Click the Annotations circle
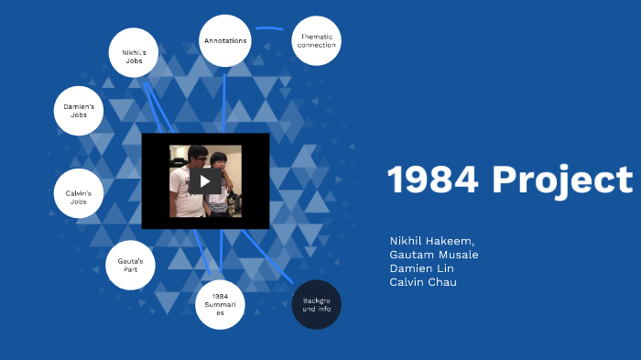(225, 41)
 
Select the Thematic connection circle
(316, 41)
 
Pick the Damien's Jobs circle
(79, 111)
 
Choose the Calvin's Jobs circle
(79, 194)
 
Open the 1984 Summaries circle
(220, 304)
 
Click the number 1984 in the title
(433, 180)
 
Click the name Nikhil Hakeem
(427, 241)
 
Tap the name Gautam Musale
(434, 255)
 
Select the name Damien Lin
(421, 268)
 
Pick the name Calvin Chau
(423, 282)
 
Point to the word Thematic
(316, 37)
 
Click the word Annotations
(225, 41)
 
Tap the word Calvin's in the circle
(79, 191)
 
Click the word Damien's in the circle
(79, 107)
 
